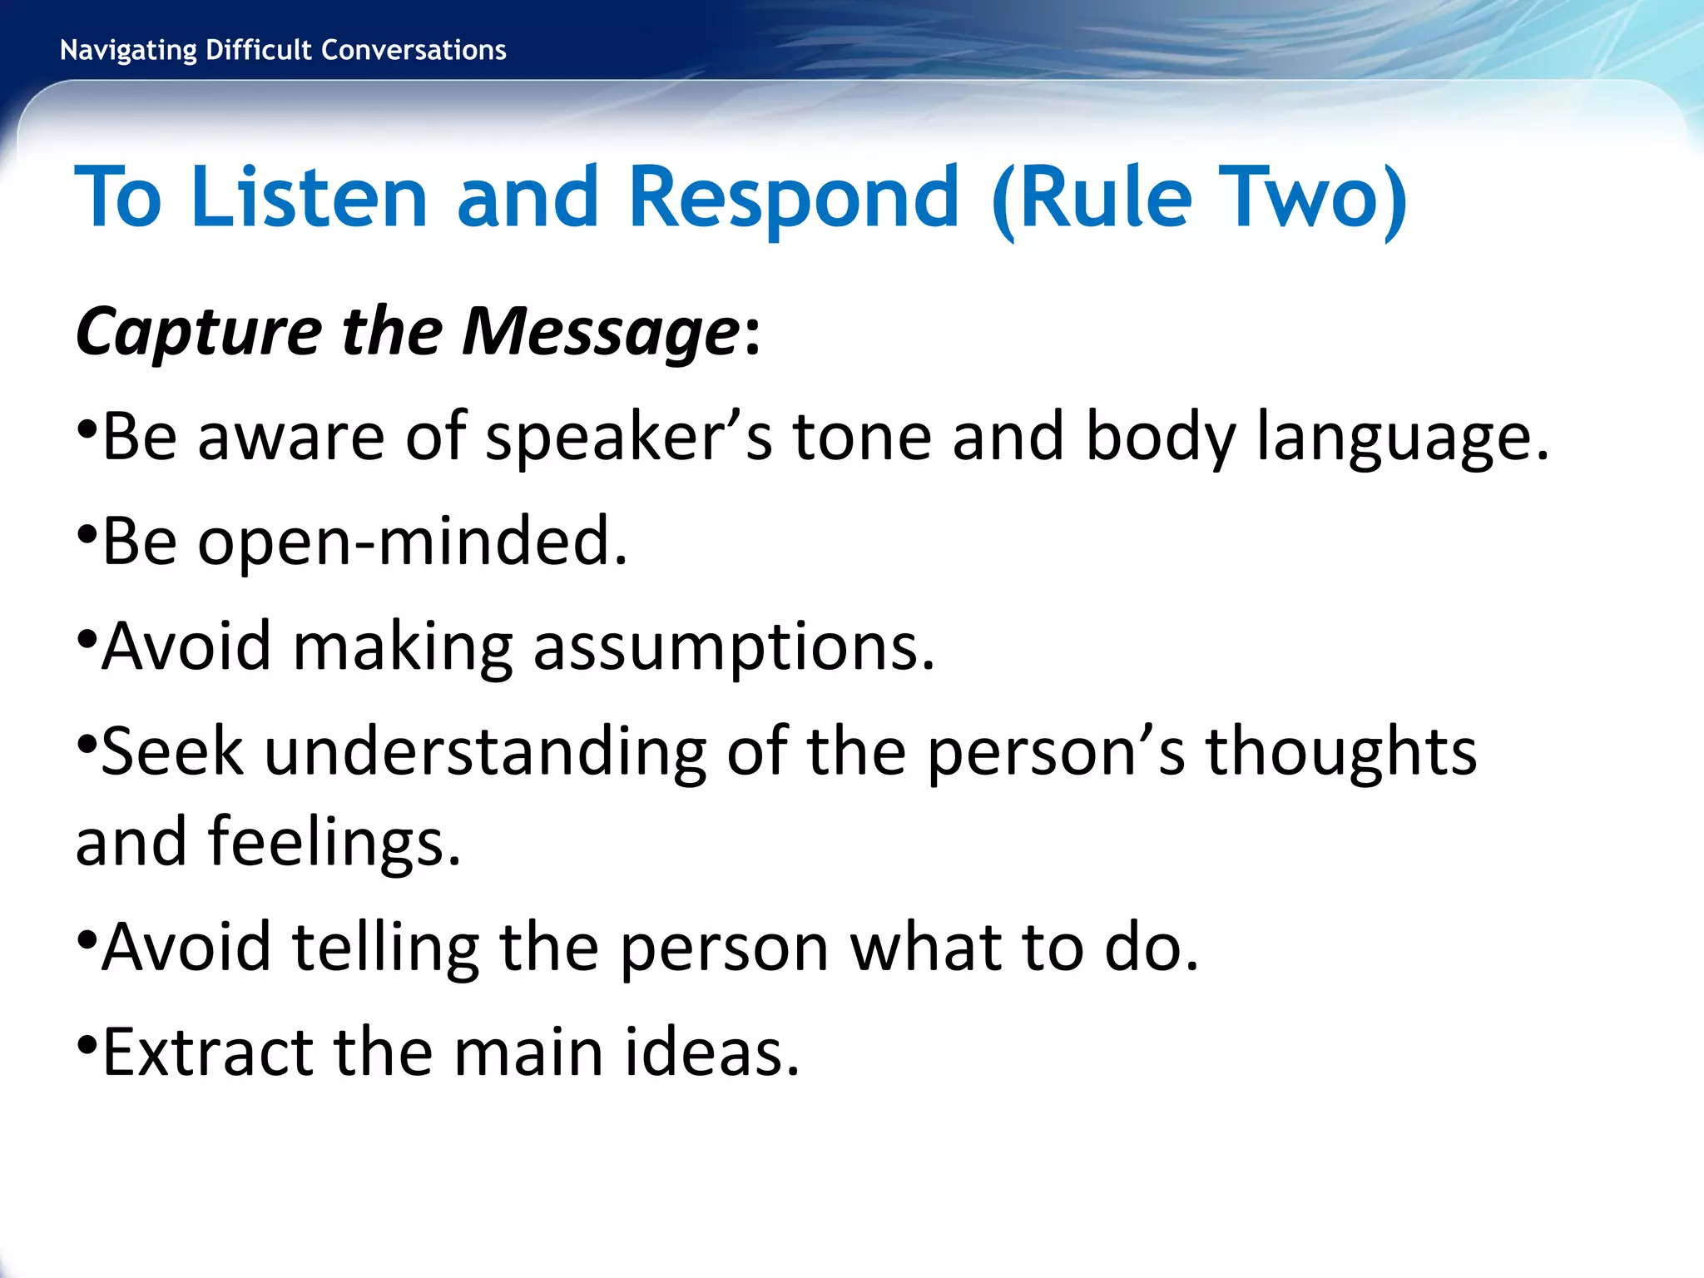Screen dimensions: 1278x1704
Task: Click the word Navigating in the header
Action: [128, 51]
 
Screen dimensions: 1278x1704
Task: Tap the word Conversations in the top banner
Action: [414, 50]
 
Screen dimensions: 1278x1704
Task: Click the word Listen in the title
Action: [309, 197]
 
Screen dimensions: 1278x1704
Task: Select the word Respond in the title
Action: [794, 197]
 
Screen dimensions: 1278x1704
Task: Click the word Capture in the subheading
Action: [198, 332]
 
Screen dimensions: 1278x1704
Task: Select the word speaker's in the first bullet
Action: [629, 437]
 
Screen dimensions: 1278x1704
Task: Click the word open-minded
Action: [412, 542]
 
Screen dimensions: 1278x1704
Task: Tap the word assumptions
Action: [734, 646]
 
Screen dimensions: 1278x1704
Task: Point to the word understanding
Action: [486, 751]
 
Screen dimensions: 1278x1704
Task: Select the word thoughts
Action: [1341, 751]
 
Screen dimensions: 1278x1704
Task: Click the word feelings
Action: [334, 841]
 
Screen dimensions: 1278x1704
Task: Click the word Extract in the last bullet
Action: [207, 1053]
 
